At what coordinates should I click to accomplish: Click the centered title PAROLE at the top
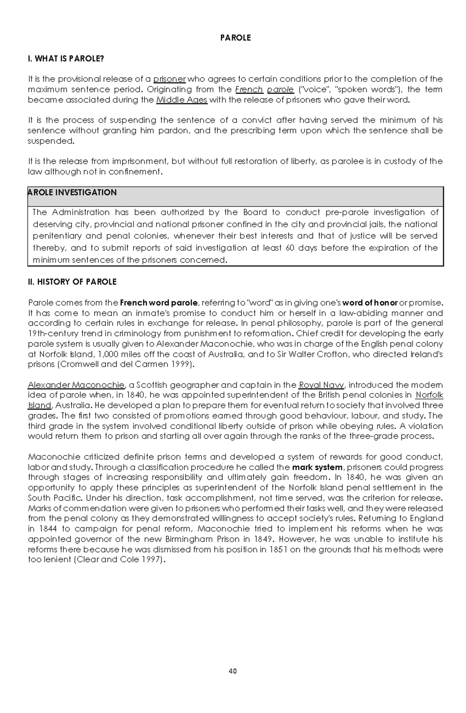235,38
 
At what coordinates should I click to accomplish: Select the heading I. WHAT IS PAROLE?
66,59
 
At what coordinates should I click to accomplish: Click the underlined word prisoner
169,79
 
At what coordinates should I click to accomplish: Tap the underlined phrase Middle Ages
182,100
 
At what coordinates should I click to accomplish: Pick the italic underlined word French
249,90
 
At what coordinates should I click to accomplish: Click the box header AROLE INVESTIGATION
72,193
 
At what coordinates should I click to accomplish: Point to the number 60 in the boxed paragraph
290,248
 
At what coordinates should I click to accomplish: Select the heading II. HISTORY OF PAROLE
72,282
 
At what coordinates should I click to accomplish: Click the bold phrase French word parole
159,303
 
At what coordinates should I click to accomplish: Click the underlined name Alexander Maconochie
76,385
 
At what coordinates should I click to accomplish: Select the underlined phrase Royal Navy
321,385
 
